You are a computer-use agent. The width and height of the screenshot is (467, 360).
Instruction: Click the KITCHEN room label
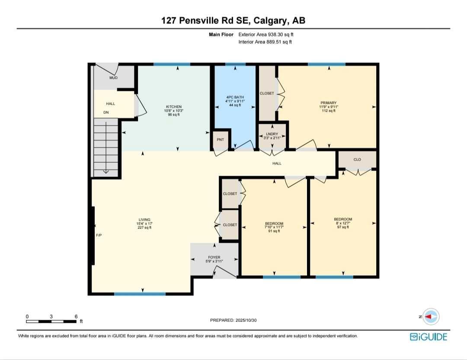(174, 106)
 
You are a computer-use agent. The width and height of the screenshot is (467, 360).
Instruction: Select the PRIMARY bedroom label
(329, 103)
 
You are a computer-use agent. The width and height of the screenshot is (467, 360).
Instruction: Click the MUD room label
(113, 78)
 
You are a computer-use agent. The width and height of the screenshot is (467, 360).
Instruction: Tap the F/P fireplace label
(99, 235)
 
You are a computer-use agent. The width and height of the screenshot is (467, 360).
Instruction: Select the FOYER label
(214, 257)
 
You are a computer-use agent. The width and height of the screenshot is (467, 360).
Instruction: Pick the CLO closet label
(357, 160)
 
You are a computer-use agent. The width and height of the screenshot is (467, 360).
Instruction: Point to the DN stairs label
(106, 112)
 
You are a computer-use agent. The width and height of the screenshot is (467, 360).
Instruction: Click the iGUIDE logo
(429, 337)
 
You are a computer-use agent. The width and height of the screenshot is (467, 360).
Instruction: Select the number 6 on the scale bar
(76, 316)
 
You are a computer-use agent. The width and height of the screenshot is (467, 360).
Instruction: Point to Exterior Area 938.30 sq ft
(266, 34)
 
